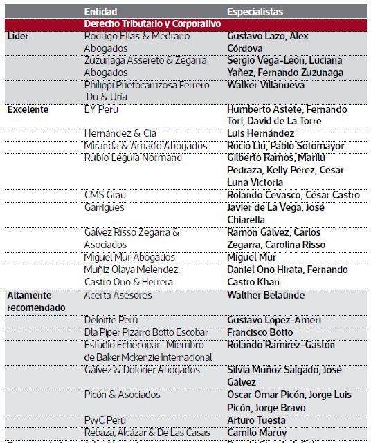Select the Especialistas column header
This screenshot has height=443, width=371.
pyautogui.click(x=256, y=12)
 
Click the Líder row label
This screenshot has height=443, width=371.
pyautogui.click(x=17, y=37)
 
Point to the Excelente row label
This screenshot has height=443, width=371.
pyautogui.click(x=27, y=109)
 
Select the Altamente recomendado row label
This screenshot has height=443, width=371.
pyautogui.click(x=36, y=301)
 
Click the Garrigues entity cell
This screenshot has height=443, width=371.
pyautogui.click(x=105, y=207)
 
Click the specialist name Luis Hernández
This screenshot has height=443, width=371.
pyautogui.click(x=260, y=133)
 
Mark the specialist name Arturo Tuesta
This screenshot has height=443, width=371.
pyautogui.click(x=257, y=420)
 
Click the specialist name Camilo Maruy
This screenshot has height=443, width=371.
pyautogui.click(x=257, y=432)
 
